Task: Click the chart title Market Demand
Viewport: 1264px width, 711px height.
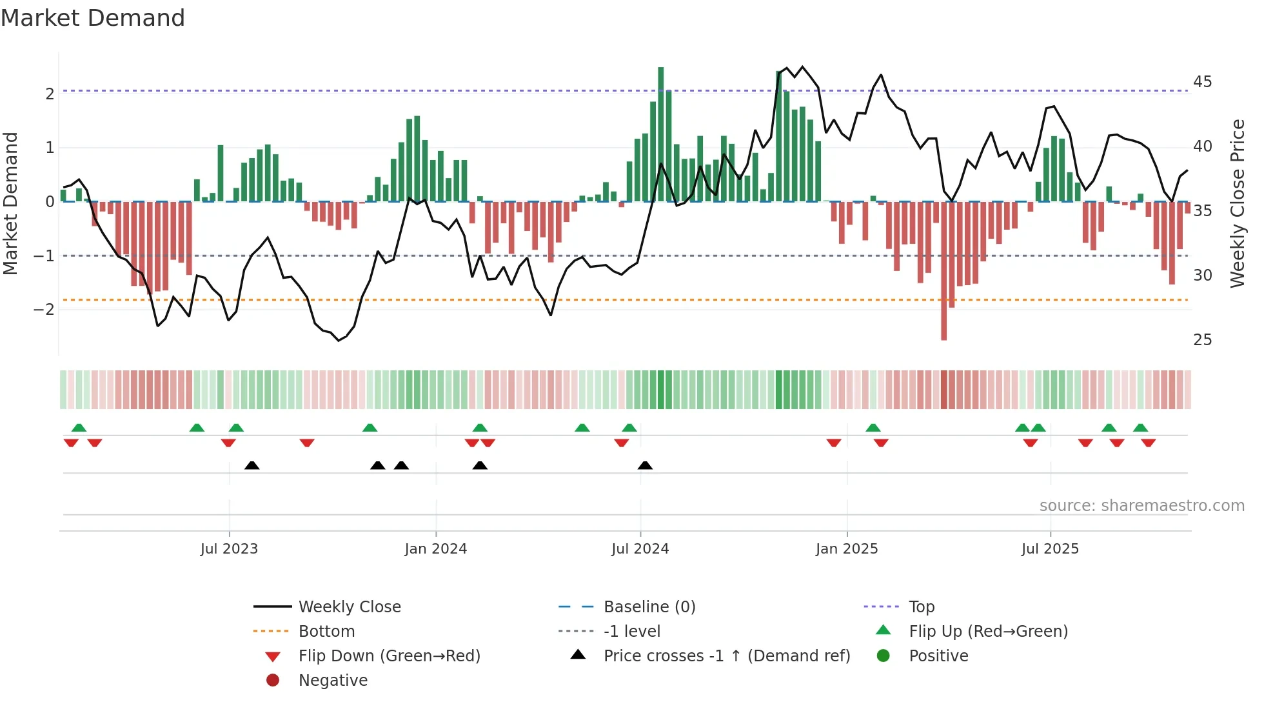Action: pos(93,18)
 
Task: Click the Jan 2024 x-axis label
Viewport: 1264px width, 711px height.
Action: pos(435,549)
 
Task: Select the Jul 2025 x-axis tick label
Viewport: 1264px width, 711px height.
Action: pos(1049,549)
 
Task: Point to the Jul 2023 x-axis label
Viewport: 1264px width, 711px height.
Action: pos(229,549)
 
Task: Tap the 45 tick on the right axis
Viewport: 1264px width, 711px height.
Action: pos(1202,82)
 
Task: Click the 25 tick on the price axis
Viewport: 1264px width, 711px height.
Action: pos(1202,340)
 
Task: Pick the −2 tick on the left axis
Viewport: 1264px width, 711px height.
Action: pos(44,310)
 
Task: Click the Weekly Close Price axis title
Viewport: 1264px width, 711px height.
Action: pos(1237,203)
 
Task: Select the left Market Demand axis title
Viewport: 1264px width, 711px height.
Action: pos(11,203)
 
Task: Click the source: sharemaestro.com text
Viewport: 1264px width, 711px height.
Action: pos(1141,506)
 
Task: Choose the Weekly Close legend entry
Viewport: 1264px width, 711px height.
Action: pos(349,607)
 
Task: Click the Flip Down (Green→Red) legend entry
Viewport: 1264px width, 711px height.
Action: pos(389,656)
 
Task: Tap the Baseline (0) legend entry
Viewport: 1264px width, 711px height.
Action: pos(649,607)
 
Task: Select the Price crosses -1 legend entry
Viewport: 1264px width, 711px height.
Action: pos(726,656)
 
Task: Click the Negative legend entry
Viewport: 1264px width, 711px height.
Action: pos(333,681)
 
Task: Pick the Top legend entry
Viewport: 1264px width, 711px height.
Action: pos(921,607)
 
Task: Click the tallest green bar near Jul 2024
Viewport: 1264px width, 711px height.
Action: pos(660,134)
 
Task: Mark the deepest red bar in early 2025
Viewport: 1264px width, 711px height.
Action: pos(943,271)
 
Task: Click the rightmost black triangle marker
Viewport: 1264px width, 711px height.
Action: pos(645,466)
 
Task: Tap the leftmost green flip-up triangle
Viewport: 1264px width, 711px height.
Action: pos(79,428)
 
